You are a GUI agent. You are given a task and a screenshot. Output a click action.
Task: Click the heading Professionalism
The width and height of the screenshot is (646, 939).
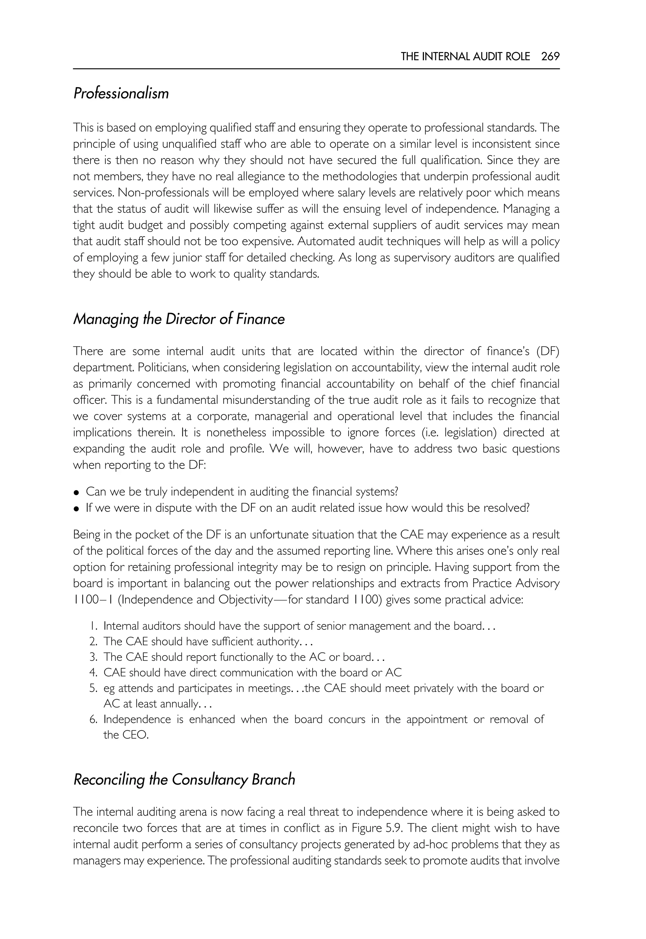point(121,93)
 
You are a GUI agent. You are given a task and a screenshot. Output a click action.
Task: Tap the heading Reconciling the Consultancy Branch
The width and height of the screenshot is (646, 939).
point(184,779)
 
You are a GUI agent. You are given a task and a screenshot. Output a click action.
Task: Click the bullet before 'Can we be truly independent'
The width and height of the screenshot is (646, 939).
point(76,493)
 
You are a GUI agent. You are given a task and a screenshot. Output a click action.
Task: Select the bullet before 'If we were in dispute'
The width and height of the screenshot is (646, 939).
point(76,509)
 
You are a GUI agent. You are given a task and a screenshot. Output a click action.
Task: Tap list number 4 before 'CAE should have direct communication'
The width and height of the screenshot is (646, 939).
point(93,673)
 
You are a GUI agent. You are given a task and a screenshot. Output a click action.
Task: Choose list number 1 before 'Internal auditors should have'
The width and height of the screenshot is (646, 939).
point(93,626)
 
